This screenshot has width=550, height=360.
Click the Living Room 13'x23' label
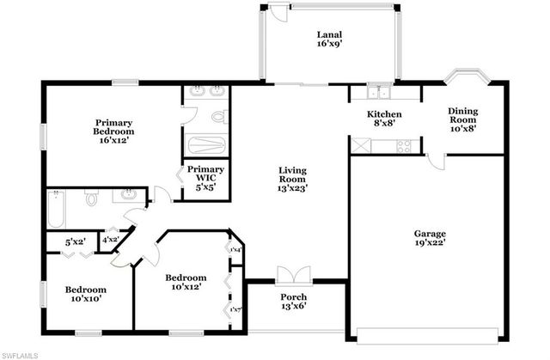(x=293, y=178)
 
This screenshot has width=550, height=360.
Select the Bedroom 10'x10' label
(x=86, y=295)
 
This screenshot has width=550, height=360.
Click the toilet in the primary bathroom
(x=217, y=115)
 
